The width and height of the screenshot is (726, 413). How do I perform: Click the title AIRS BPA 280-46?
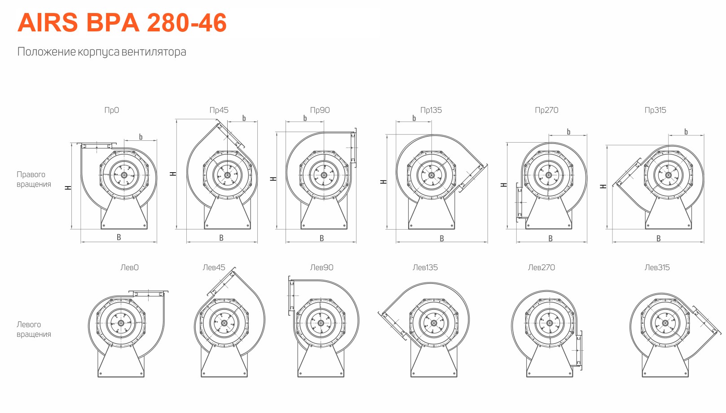122,23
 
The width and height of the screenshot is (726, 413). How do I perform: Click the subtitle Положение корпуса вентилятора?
102,52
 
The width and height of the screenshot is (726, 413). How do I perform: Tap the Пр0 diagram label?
111,110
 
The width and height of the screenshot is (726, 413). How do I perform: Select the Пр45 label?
219,110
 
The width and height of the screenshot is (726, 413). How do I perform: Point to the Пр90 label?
320,110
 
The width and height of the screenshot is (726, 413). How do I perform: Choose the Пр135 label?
431,110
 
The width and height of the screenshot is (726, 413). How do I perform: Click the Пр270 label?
546,110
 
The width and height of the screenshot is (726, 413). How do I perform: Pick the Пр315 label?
656,110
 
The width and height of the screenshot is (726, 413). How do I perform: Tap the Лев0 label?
129,267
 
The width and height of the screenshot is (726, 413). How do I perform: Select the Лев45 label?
214,267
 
